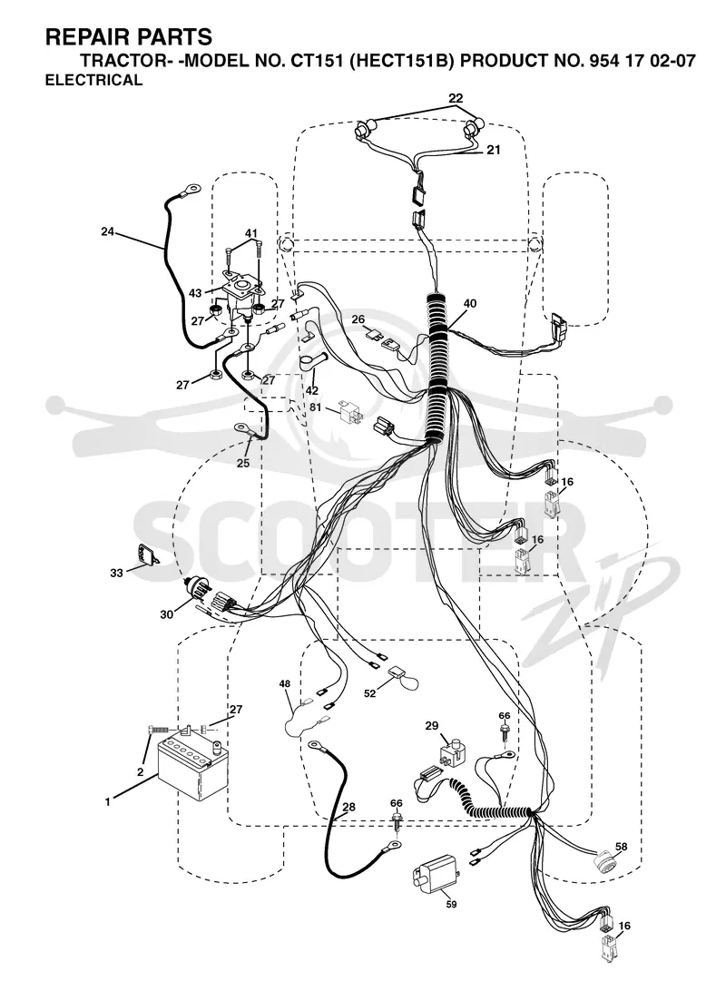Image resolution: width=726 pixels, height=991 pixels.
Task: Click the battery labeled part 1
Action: pyautogui.click(x=191, y=763)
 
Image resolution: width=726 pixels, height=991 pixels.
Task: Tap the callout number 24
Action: pyautogui.click(x=107, y=232)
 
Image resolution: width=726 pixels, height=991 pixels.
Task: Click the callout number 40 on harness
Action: pyautogui.click(x=469, y=303)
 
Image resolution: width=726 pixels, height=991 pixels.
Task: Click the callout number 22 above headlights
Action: pyautogui.click(x=456, y=98)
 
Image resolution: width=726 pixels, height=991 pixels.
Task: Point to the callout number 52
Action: pyautogui.click(x=369, y=693)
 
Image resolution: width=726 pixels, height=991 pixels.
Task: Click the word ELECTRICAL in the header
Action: pyautogui.click(x=94, y=80)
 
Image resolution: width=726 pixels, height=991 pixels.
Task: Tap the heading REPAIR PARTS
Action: pyautogui.click(x=129, y=37)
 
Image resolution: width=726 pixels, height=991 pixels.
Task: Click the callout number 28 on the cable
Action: pyautogui.click(x=348, y=807)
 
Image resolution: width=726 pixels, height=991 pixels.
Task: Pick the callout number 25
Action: pyautogui.click(x=243, y=463)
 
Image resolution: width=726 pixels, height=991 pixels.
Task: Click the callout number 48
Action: pyautogui.click(x=285, y=683)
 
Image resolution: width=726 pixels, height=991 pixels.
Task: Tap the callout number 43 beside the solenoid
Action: pyautogui.click(x=195, y=293)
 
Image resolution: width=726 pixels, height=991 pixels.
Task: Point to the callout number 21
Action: pyautogui.click(x=494, y=150)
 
